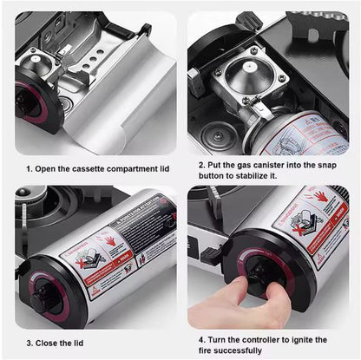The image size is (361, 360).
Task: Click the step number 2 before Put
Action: (201, 165)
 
